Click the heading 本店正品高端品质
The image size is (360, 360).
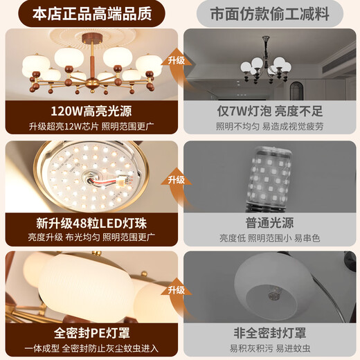[x=92, y=14]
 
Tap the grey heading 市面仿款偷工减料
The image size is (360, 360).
[x=270, y=14]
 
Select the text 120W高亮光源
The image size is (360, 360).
[x=91, y=111]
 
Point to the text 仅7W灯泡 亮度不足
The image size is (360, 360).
[x=270, y=111]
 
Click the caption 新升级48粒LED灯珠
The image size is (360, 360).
[x=91, y=223]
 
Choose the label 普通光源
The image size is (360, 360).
[x=269, y=223]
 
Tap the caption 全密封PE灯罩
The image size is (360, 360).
[x=92, y=333]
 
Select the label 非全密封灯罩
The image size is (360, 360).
[x=270, y=333]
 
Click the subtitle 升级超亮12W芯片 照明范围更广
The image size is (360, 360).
[x=91, y=127]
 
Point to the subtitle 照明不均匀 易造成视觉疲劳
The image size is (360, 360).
[x=270, y=127]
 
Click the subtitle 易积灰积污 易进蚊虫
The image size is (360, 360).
[x=270, y=348]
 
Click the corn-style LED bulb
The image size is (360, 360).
[x=269, y=178]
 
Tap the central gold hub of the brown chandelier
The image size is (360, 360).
[x=92, y=84]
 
